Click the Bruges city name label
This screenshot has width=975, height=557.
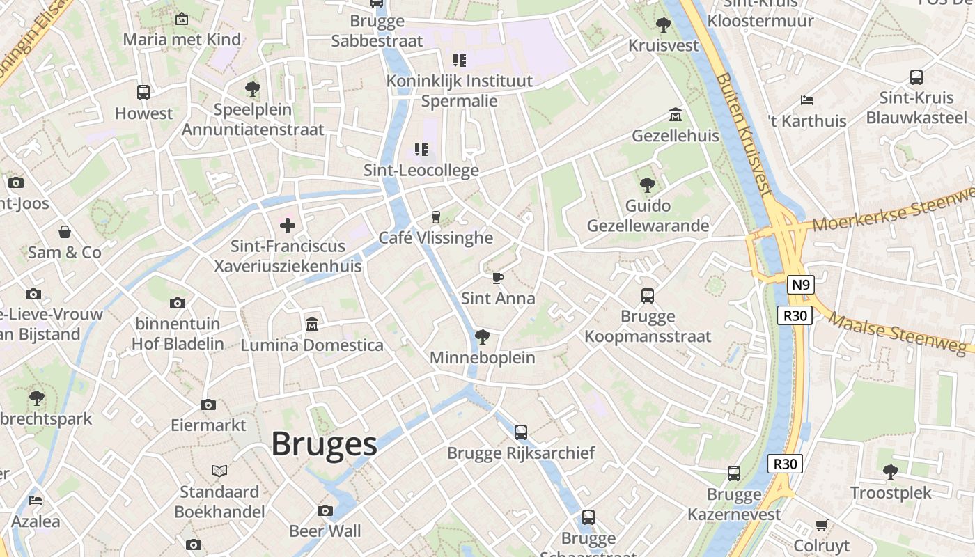coord(324,444)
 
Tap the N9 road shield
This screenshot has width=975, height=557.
coord(801,285)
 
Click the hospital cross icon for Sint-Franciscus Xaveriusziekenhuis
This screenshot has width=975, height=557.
coord(288,225)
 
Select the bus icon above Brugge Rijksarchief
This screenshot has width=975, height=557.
coord(521,432)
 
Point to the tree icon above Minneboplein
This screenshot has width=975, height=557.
coord(482,338)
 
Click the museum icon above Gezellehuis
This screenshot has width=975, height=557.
coord(675,114)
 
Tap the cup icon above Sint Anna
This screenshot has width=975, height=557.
coord(498,278)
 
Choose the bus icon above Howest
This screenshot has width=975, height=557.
coord(143,93)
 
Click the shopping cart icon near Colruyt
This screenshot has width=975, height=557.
coord(821,525)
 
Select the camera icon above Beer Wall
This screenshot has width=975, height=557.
coord(325,511)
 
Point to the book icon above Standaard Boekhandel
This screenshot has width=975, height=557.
coord(219,471)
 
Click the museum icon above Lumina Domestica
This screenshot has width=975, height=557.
coord(311,324)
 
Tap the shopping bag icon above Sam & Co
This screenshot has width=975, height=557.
coord(65,232)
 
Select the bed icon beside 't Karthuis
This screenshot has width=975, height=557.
coord(807,100)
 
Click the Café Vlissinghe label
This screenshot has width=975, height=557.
coord(436,238)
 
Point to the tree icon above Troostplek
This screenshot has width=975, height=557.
coord(890,472)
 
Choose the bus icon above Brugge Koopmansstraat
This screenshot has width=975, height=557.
coord(648,296)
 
